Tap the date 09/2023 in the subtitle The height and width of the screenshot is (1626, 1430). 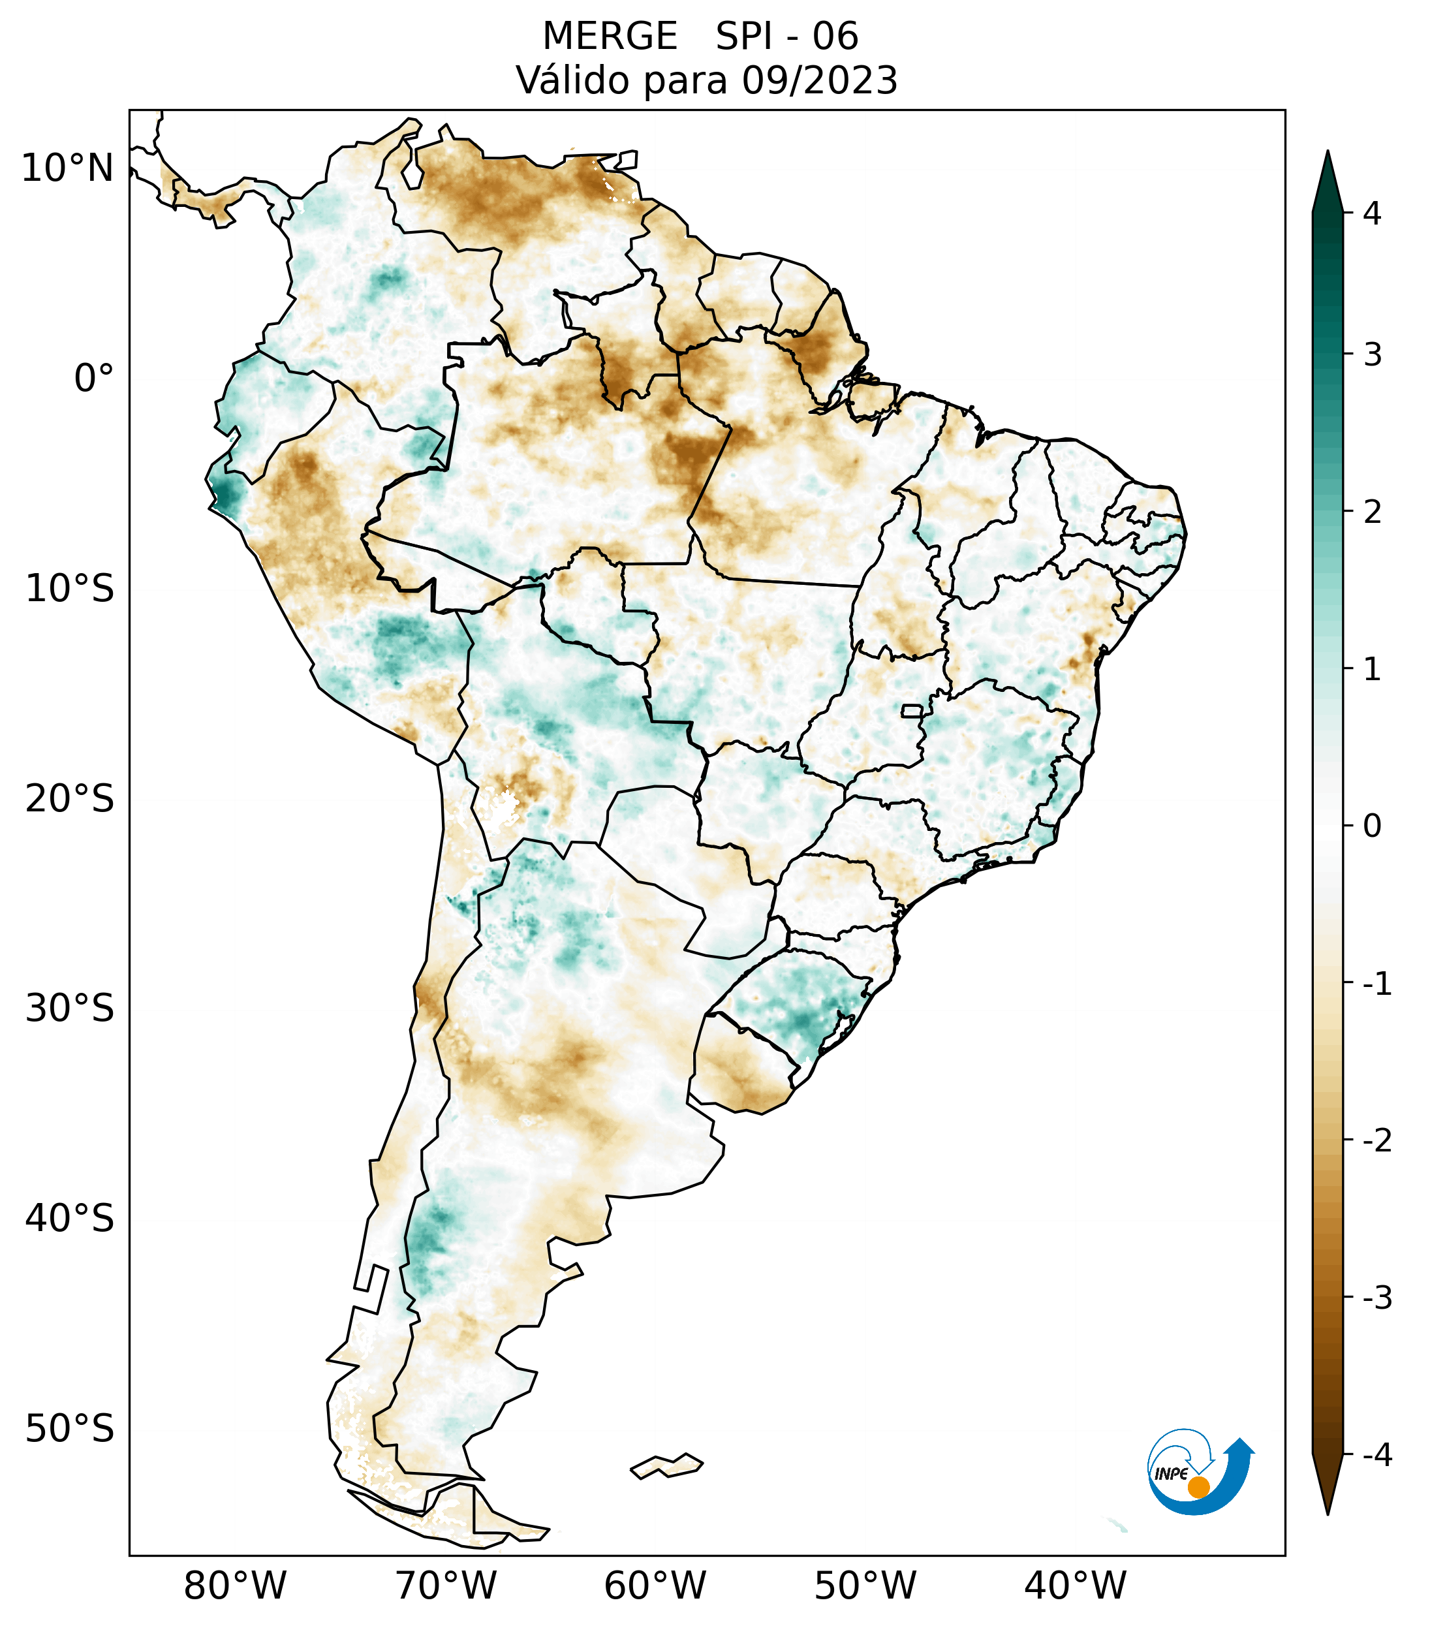(x=819, y=80)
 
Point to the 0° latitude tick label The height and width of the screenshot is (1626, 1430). (x=94, y=379)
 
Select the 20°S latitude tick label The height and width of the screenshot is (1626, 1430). (x=70, y=799)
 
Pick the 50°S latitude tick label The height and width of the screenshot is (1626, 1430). (x=70, y=1430)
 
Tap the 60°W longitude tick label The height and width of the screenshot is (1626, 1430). (x=655, y=1586)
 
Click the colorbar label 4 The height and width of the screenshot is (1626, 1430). (x=1372, y=213)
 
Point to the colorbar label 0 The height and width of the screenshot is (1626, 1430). (x=1372, y=826)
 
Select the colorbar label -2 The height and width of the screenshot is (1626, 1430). (x=1376, y=1141)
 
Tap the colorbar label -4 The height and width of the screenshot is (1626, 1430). (x=1376, y=1456)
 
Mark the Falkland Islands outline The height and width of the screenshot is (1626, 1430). (x=666, y=1466)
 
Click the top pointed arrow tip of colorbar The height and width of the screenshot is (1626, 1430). (x=1327, y=153)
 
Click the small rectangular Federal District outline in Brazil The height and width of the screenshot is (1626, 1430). (x=911, y=710)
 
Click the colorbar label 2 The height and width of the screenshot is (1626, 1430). (x=1372, y=512)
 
